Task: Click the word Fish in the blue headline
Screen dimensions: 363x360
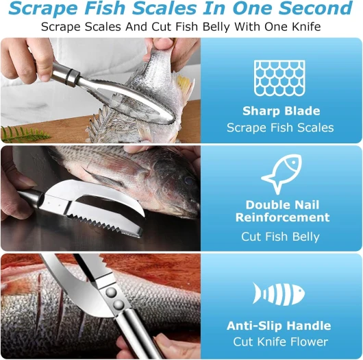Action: (105, 8)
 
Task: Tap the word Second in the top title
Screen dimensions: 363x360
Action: (315, 8)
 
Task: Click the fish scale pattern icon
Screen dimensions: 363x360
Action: (279, 78)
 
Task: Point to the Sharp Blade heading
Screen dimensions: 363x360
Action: (281, 111)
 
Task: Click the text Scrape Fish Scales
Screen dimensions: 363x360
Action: (280, 128)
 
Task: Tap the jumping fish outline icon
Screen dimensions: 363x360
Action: (281, 174)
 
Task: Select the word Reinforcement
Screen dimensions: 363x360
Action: (282, 217)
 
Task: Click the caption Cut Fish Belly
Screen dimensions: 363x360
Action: (280, 237)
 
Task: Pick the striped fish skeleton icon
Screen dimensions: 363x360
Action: (279, 293)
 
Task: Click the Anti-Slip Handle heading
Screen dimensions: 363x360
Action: (279, 326)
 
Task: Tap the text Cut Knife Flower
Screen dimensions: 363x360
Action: (281, 341)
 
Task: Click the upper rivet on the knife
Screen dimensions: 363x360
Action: (112, 293)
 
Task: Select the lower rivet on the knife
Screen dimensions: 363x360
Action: (118, 304)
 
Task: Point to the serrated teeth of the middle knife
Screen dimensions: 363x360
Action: (104, 224)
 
